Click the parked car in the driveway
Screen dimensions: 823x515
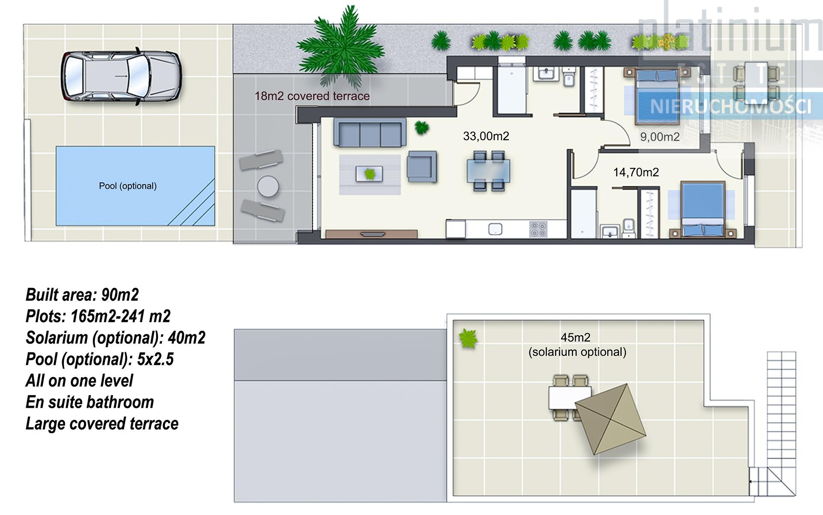[x=121, y=76]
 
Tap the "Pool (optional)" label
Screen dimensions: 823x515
[x=128, y=186]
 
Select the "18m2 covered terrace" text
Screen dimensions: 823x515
[x=312, y=96]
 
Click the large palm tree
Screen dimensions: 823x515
[x=341, y=47]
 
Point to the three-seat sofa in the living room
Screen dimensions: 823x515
[x=370, y=133]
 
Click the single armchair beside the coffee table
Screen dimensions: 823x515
[x=422, y=166]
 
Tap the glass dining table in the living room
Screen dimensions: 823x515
[x=489, y=171]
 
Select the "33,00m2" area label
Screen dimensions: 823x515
[x=486, y=136]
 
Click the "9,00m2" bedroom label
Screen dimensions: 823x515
[x=660, y=137]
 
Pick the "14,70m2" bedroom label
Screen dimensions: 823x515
[x=636, y=172]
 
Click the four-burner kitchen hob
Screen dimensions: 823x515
[x=538, y=229]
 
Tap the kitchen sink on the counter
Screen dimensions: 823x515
[x=496, y=229]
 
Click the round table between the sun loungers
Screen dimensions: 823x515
[x=268, y=187]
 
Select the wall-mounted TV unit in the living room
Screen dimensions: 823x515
[x=371, y=234]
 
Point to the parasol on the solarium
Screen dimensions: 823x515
[x=610, y=419]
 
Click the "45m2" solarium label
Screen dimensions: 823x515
[x=575, y=337]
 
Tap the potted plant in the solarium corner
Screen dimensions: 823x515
[x=468, y=339]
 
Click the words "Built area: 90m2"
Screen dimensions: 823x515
[x=82, y=295]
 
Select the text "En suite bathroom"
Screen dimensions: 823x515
[x=90, y=402]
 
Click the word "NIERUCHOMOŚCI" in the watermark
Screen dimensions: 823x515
[x=730, y=106]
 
